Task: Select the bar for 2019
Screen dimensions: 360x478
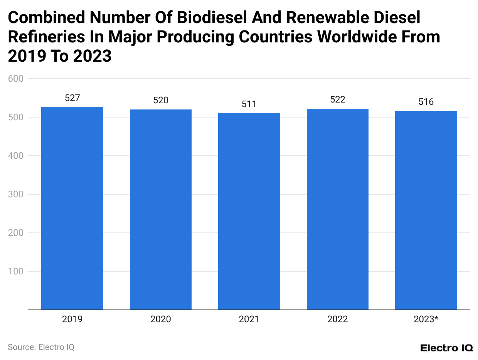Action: (72, 208)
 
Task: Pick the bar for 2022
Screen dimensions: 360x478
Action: (338, 209)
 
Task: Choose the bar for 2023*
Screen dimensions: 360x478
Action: (426, 210)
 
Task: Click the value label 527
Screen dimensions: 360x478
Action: (72, 98)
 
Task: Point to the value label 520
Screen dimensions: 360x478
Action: (161, 101)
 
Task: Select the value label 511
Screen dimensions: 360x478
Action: (249, 104)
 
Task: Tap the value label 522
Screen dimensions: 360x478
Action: (338, 100)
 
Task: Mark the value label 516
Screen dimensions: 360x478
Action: (426, 102)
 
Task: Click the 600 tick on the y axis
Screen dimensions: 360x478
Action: (15, 79)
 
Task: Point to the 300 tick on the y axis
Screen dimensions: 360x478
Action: (15, 194)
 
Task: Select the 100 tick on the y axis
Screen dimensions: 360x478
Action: (15, 271)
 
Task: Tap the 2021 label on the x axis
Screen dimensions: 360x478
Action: (249, 320)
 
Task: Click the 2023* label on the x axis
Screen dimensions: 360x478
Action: (426, 320)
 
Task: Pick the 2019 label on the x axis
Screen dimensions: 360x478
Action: (72, 320)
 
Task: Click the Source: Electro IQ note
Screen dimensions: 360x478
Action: (41, 347)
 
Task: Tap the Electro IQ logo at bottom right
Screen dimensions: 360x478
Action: (446, 348)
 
